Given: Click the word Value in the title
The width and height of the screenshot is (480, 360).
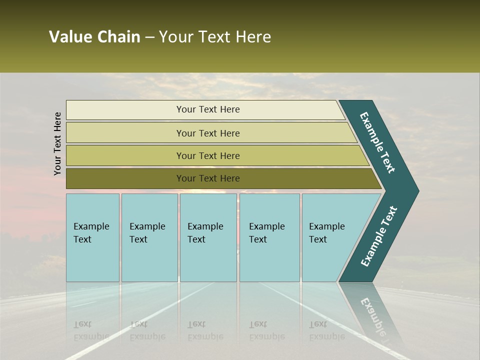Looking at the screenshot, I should pos(70,37).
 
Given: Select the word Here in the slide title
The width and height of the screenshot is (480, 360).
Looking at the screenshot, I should pos(253,37).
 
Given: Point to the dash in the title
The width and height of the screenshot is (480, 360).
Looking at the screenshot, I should pos(149,37).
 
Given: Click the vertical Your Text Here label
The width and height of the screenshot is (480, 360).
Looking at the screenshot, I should pos(57,143).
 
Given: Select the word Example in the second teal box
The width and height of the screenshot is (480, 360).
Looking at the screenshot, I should pos(147,226).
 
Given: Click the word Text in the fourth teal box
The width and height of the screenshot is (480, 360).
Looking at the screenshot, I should pos(258,239).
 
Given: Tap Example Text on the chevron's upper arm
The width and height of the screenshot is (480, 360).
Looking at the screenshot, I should pos(377,142).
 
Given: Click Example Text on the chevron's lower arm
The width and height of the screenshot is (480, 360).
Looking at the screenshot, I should pos(378,236).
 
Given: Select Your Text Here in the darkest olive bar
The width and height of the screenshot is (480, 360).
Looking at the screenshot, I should pos(208,178).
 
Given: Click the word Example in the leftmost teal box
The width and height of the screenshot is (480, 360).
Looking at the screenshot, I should pos(91,226).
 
